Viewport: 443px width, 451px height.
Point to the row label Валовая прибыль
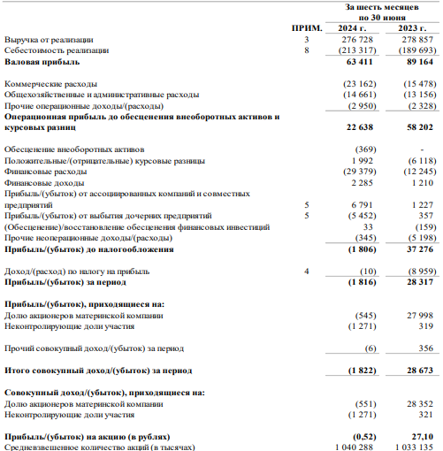point(42,64)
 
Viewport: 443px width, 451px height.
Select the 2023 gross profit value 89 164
point(418,64)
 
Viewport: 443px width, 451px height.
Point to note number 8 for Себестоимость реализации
point(307,52)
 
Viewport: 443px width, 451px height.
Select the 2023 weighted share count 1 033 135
point(413,446)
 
